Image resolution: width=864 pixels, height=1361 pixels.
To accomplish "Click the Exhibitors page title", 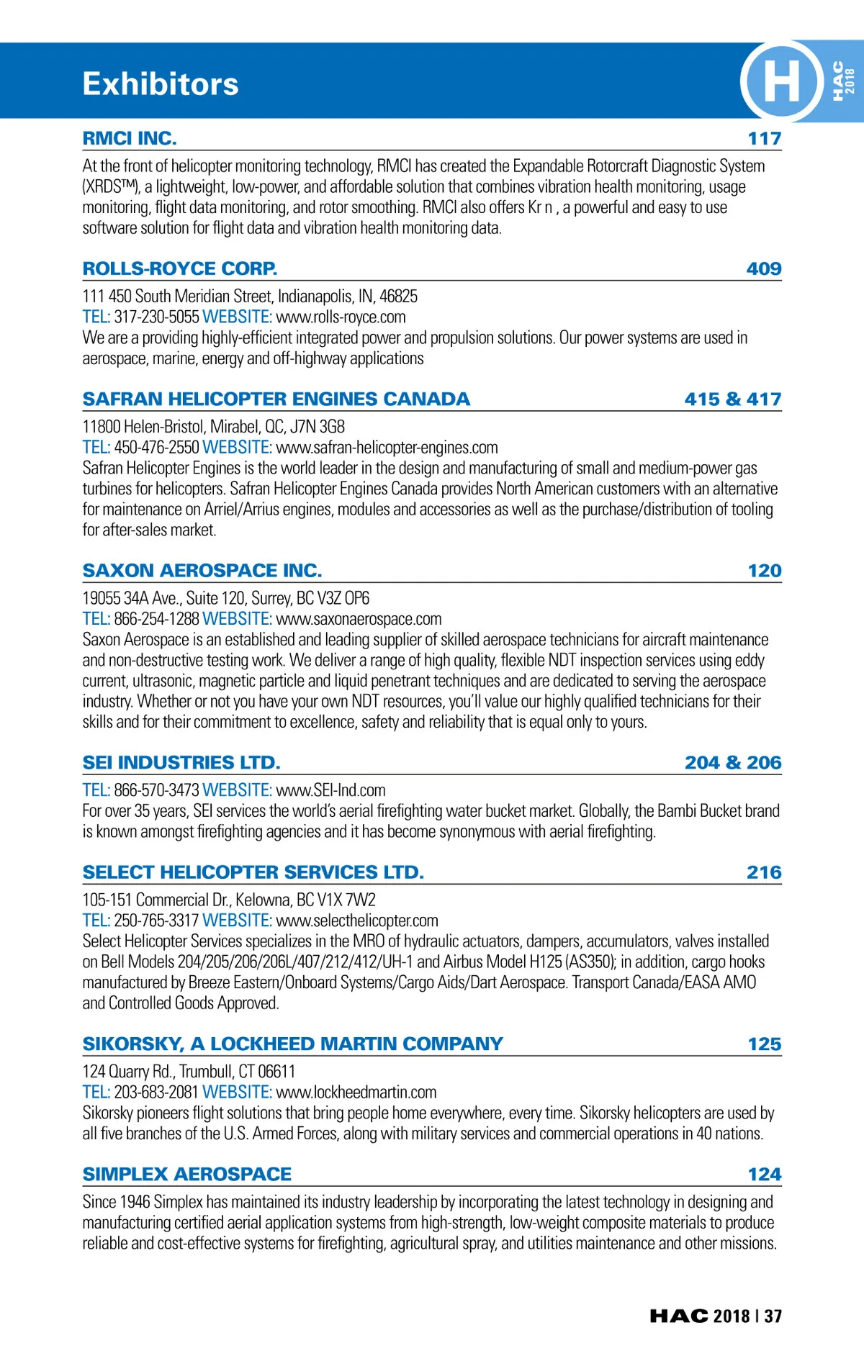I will pyautogui.click(x=160, y=84).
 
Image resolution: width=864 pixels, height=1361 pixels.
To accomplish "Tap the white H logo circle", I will pyautogui.click(x=781, y=81).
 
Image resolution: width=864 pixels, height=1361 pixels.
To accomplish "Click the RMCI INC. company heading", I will pyautogui.click(x=130, y=138).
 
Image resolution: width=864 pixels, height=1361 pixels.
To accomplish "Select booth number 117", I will pyautogui.click(x=764, y=138).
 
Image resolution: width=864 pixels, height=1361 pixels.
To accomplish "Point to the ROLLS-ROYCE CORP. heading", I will pyautogui.click(x=180, y=268).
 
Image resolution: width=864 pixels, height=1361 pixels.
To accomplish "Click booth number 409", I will pyautogui.click(x=764, y=268).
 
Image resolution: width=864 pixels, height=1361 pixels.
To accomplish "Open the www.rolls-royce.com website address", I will pyautogui.click(x=341, y=317).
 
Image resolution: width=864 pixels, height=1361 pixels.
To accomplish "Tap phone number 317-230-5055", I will pyautogui.click(x=156, y=317).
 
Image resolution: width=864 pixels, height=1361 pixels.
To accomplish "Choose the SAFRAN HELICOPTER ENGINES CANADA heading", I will pyautogui.click(x=276, y=399).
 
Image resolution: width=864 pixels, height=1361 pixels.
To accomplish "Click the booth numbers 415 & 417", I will pyautogui.click(x=732, y=399).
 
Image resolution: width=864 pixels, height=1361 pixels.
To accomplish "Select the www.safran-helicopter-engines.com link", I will pyautogui.click(x=387, y=447).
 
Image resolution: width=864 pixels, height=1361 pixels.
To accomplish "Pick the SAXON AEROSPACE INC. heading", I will pyautogui.click(x=202, y=570).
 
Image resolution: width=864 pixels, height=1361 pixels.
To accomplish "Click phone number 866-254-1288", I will pyautogui.click(x=156, y=618).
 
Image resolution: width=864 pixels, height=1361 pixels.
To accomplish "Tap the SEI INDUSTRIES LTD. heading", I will pyautogui.click(x=181, y=762).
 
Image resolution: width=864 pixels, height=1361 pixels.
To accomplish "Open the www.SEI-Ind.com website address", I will pyautogui.click(x=330, y=790).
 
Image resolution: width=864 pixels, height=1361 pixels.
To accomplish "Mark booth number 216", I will pyautogui.click(x=764, y=872).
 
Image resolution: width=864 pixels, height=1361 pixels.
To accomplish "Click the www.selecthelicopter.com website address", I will pyautogui.click(x=356, y=920).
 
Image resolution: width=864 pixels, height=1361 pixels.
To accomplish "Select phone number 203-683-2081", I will pyautogui.click(x=156, y=1092).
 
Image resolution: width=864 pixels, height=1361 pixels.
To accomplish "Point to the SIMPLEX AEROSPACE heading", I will pyautogui.click(x=187, y=1174).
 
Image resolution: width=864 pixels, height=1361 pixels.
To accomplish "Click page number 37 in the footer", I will pyautogui.click(x=773, y=1316).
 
